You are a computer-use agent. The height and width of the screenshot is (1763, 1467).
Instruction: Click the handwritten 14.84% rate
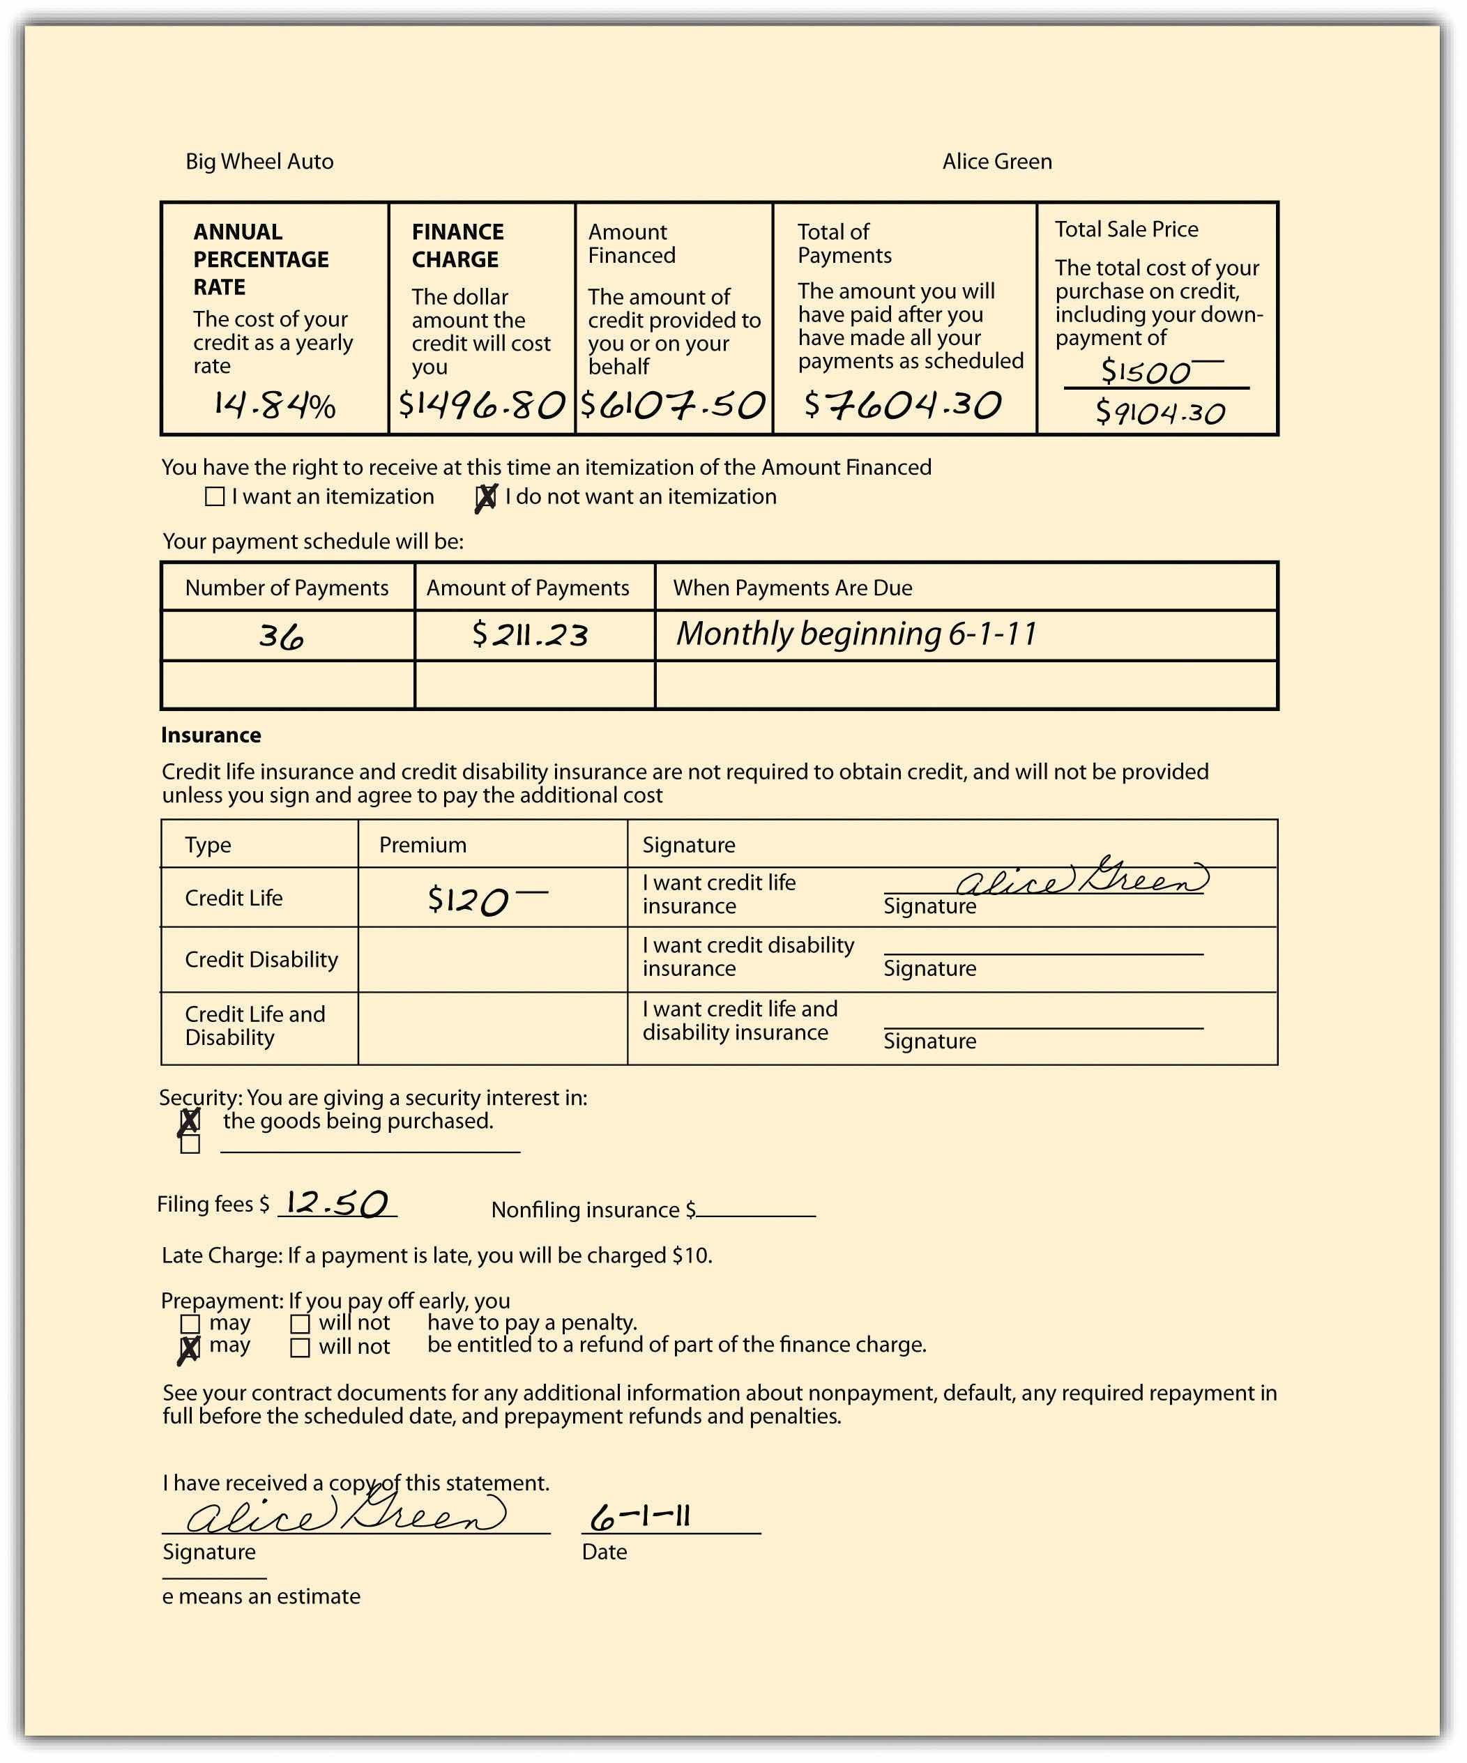(x=274, y=406)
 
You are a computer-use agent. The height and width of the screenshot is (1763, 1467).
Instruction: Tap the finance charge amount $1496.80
(x=480, y=406)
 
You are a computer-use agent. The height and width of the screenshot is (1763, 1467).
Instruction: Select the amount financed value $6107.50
(x=673, y=406)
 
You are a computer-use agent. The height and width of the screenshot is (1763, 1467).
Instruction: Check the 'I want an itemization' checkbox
(x=215, y=497)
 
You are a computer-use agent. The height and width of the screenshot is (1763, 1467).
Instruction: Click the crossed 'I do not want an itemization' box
(x=486, y=498)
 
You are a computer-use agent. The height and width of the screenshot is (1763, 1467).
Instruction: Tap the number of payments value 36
(x=281, y=636)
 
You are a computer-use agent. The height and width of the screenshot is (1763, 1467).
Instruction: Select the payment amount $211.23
(x=530, y=634)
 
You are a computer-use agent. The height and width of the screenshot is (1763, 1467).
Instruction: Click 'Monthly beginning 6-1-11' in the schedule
(x=856, y=634)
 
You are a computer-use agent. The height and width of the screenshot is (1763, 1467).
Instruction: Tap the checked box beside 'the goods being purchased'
(x=190, y=1121)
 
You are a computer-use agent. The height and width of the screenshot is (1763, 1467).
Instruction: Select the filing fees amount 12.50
(x=337, y=1204)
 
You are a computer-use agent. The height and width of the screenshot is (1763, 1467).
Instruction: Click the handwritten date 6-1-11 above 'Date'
(x=641, y=1517)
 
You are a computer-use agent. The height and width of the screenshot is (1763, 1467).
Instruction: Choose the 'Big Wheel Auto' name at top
(x=259, y=162)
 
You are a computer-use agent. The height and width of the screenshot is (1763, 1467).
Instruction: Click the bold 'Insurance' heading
(x=211, y=735)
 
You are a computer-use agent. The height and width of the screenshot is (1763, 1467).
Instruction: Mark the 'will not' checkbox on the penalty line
(x=300, y=1324)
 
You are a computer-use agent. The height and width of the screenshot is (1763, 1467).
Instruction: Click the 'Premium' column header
(x=423, y=846)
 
